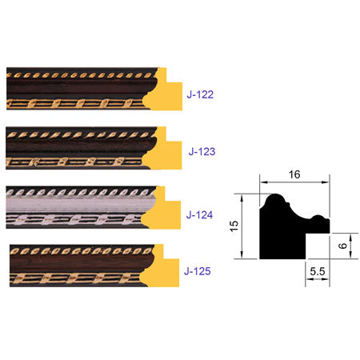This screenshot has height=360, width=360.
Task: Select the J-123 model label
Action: pyautogui.click(x=202, y=150)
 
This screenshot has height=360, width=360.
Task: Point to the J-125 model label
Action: pyautogui.click(x=197, y=271)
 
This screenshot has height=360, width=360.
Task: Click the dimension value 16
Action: pyautogui.click(x=294, y=173)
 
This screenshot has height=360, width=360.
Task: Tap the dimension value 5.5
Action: pyautogui.click(x=318, y=273)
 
